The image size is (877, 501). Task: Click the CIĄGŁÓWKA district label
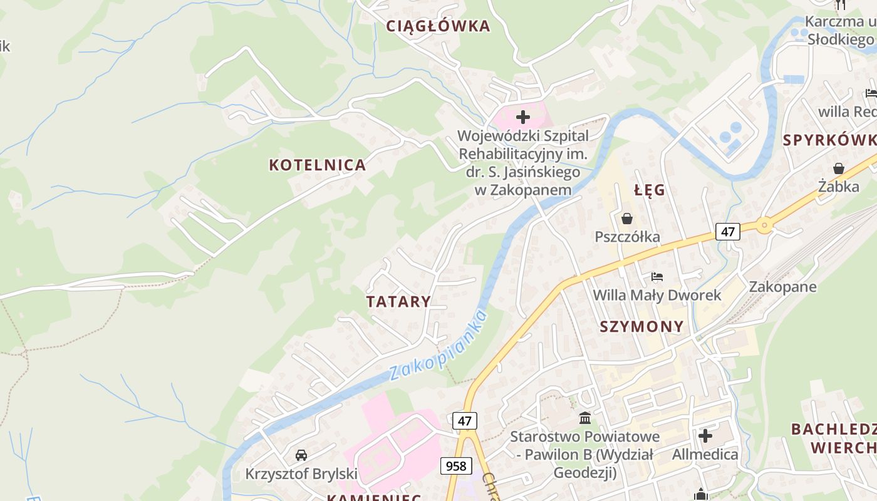[438, 26]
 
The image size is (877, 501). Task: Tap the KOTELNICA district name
[318, 165]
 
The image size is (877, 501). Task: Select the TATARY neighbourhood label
[399, 302]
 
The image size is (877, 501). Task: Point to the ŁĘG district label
[650, 190]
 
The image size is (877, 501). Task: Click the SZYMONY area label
[642, 327]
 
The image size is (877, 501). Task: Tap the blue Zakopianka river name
[438, 345]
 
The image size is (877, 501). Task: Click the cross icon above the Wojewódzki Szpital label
[522, 117]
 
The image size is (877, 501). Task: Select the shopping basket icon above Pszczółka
[626, 219]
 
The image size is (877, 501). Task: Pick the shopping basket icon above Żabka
[839, 168]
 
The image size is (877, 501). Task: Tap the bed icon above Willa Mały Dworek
[656, 277]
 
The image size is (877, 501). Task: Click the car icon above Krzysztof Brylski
[301, 455]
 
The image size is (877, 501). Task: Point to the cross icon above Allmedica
[705, 436]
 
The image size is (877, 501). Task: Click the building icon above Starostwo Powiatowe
[585, 418]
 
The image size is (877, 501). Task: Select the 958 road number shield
[456, 466]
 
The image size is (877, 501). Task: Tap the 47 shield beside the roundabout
[728, 232]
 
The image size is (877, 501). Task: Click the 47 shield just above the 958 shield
[464, 421]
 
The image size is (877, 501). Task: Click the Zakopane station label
[783, 287]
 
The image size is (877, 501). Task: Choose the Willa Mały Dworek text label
[657, 295]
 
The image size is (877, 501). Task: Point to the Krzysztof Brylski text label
[301, 473]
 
